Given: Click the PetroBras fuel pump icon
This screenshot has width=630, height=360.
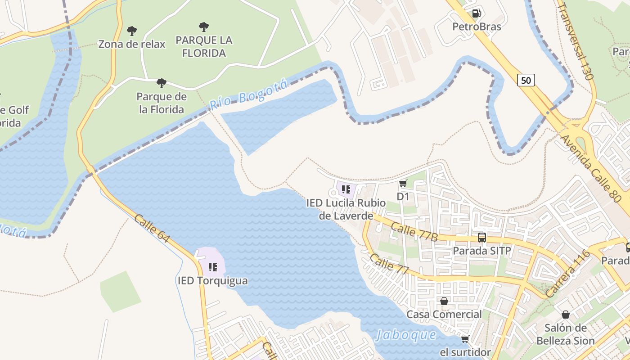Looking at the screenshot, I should click(476, 13).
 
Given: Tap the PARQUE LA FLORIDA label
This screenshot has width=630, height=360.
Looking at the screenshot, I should click(204, 46).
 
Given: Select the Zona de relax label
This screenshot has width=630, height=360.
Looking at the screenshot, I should click(132, 44).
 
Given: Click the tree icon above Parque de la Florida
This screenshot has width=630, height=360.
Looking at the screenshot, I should click(161, 83).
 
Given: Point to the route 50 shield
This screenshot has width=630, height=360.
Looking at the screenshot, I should click(526, 80).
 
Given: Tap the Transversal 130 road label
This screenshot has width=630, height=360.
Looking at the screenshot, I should click(576, 41).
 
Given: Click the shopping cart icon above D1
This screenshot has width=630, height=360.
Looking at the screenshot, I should click(403, 183).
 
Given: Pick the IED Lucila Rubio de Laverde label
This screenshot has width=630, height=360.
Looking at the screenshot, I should click(346, 209).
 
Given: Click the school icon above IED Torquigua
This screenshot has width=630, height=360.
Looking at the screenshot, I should click(212, 267).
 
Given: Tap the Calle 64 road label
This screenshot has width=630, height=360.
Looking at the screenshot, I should click(152, 228).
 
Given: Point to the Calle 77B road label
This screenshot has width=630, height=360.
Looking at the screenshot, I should click(414, 231).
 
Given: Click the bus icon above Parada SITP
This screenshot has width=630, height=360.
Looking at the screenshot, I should click(481, 237).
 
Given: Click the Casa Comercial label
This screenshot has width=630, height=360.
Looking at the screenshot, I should click(444, 314).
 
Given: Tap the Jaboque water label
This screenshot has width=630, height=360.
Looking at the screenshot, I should click(406, 335).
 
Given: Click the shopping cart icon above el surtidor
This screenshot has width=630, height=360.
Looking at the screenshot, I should click(465, 338).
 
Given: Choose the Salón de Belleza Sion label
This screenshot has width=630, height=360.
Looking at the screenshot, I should click(565, 334).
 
